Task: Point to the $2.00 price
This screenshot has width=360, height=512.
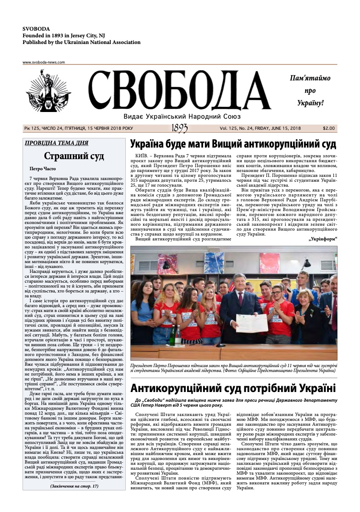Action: [x=329, y=128]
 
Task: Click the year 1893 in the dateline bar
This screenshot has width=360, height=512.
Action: [x=180, y=128]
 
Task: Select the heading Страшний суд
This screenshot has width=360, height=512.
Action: [x=74, y=156]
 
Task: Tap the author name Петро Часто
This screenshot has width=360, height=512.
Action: [x=43, y=169]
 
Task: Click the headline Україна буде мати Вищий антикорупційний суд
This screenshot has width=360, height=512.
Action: [x=233, y=144]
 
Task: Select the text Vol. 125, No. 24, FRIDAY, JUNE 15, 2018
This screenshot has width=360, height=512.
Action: [x=260, y=128]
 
